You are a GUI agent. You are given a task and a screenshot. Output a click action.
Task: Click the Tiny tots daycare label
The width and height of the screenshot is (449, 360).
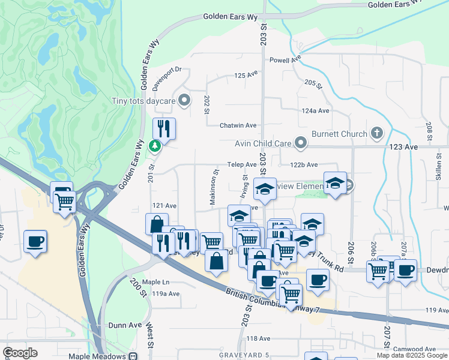[x=143, y=100]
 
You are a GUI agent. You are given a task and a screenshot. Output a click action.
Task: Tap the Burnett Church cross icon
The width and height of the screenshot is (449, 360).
[x=376, y=133]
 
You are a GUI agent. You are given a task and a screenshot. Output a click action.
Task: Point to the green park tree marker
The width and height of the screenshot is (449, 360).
[x=155, y=146]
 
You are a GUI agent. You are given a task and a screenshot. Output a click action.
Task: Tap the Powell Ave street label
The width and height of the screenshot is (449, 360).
[x=285, y=60]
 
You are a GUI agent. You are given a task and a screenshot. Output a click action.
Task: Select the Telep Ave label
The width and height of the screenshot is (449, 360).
[x=242, y=164]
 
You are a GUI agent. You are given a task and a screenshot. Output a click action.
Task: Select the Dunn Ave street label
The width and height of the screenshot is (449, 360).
[x=125, y=325]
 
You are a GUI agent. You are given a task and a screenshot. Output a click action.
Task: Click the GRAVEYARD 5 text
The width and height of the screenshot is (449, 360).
[x=244, y=355]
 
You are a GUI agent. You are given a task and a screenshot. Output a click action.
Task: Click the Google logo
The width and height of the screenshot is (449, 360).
[x=20, y=353]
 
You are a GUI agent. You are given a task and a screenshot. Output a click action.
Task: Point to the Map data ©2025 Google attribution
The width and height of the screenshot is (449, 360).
[x=412, y=355]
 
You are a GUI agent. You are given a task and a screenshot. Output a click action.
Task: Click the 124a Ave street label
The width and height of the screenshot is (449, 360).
[x=316, y=111]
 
